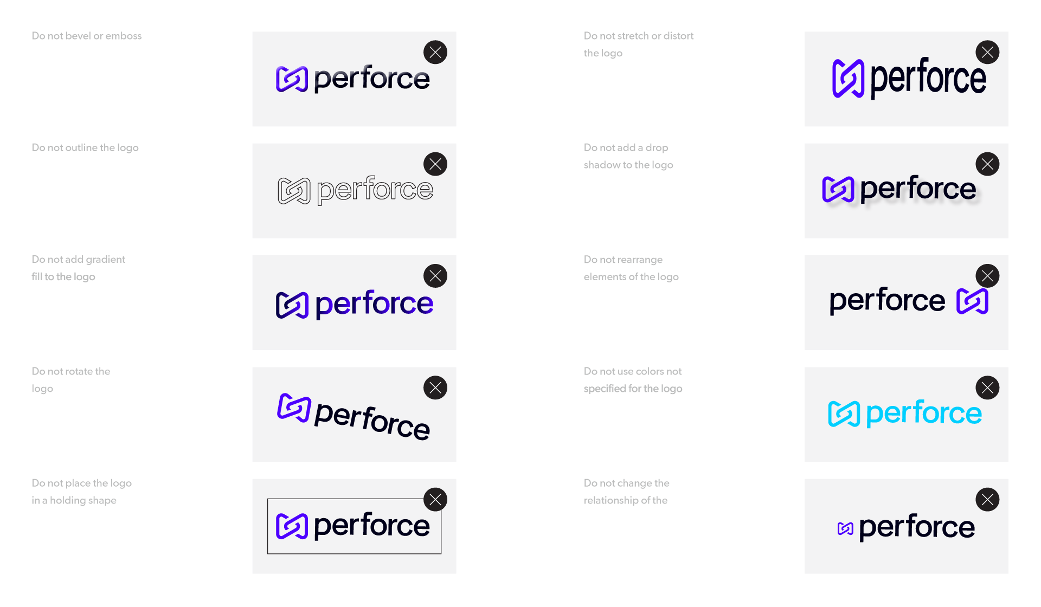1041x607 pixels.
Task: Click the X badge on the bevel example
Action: point(435,53)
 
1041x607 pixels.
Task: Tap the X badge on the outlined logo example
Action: point(435,164)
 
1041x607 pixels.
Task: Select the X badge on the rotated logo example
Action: point(435,388)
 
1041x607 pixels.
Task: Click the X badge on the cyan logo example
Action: point(987,388)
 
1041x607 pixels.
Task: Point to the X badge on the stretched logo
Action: point(987,53)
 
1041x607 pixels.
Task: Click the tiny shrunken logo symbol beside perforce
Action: point(845,529)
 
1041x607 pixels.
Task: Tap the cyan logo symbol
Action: point(844,414)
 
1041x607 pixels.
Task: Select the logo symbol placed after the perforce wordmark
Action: point(972,301)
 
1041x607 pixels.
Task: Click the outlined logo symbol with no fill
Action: point(294,191)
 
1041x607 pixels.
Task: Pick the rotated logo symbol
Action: point(294,408)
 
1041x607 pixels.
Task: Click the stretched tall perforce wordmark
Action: point(928,78)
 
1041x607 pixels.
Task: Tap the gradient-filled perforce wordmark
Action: point(374,303)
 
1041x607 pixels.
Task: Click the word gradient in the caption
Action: point(106,260)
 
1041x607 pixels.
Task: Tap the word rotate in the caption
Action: point(79,371)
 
